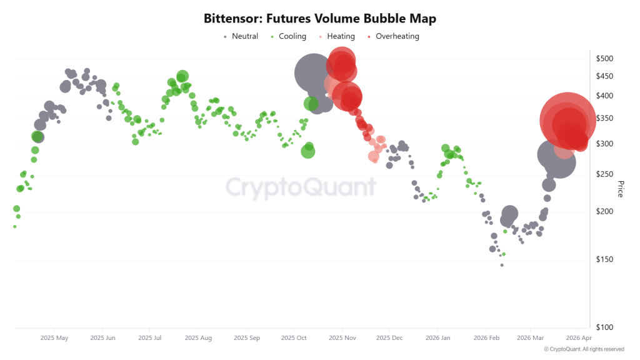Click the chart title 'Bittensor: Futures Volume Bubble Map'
click(x=320, y=19)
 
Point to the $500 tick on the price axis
click(x=605, y=59)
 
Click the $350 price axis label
click(x=605, y=119)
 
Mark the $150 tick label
click(x=605, y=259)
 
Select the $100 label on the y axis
click(x=605, y=327)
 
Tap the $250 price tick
click(x=605, y=174)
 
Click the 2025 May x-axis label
click(x=54, y=338)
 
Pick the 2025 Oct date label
click(x=294, y=338)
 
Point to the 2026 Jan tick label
click(x=437, y=338)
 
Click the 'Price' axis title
click(x=620, y=189)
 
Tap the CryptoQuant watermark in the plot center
click(x=301, y=187)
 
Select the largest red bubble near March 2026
click(x=567, y=120)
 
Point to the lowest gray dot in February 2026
click(x=501, y=264)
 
